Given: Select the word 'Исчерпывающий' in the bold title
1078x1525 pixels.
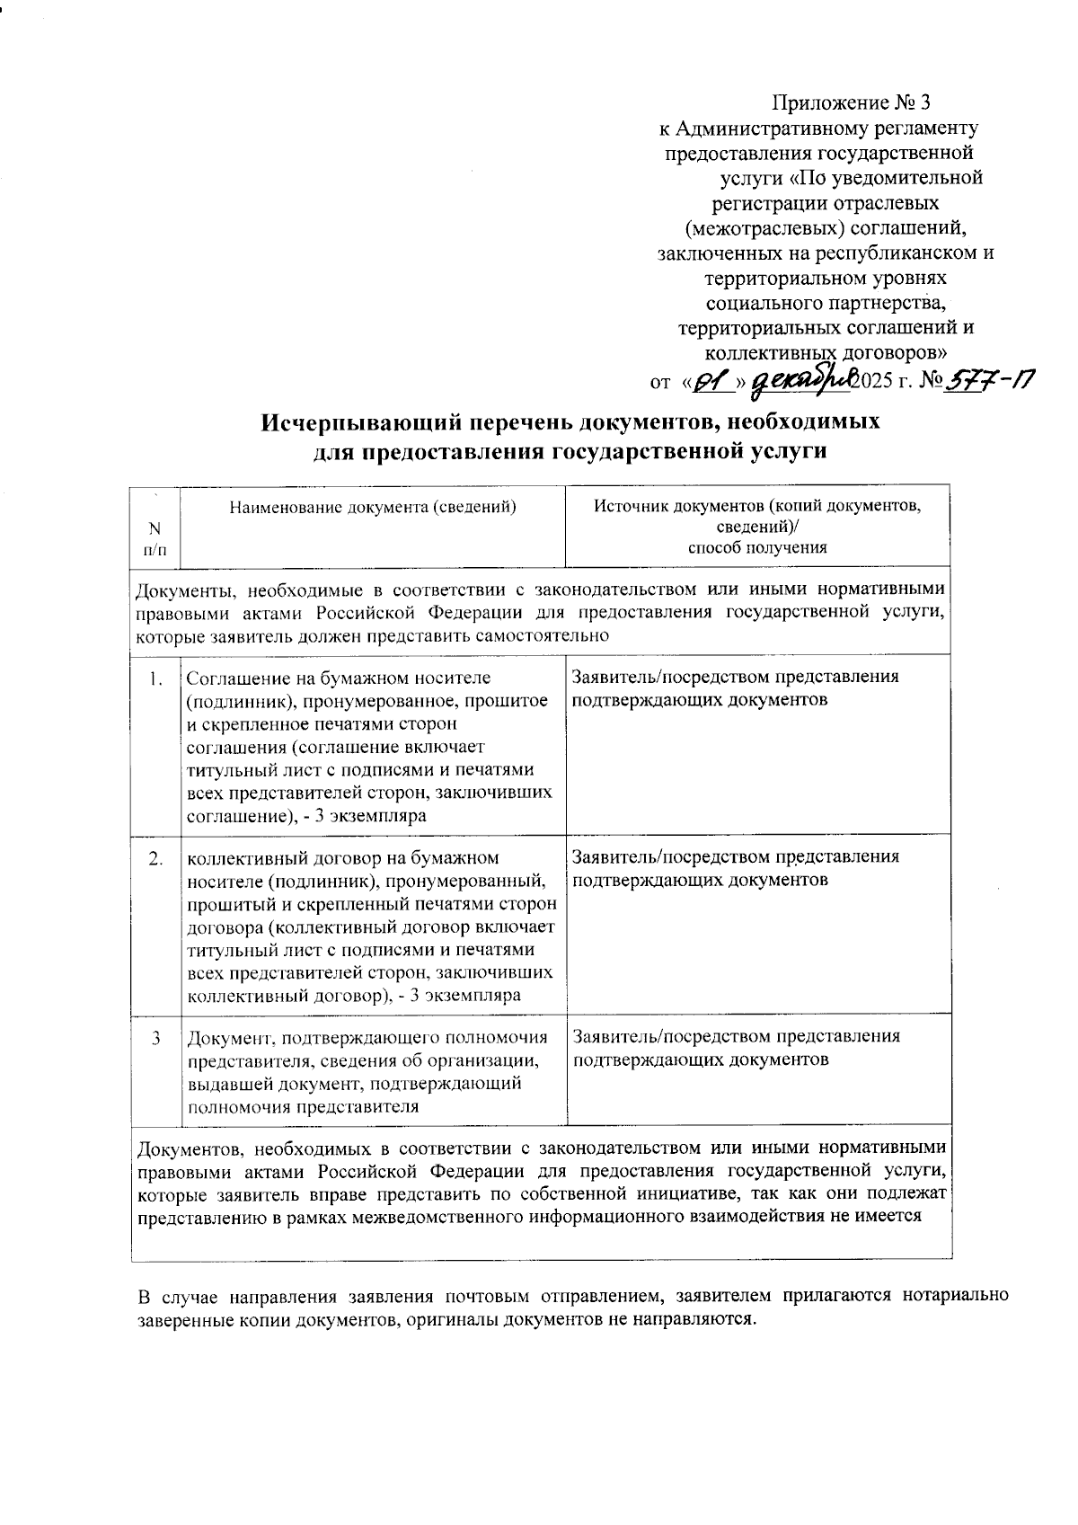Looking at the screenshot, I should coord(354,421).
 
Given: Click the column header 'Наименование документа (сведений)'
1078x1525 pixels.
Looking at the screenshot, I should coord(372,507).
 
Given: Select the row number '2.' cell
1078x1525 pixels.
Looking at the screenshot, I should coord(155,858).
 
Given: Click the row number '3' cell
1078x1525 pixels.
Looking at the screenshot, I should coord(156,1038).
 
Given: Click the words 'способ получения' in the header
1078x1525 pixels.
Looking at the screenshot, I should coord(757,548).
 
